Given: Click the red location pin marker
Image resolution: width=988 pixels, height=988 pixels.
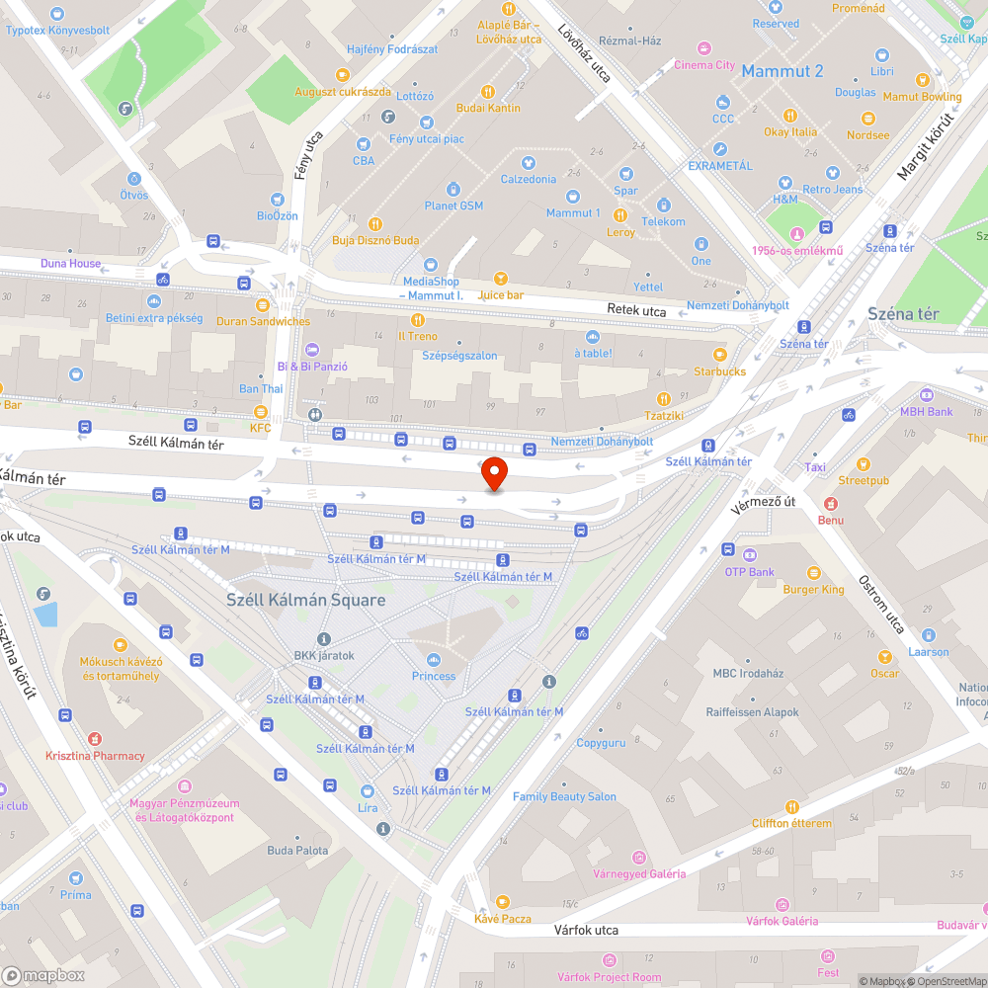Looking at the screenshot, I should [x=494, y=474].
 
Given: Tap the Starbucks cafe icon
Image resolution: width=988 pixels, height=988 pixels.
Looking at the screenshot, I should [x=719, y=354].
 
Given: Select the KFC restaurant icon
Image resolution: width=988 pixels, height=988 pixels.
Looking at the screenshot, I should [x=261, y=412].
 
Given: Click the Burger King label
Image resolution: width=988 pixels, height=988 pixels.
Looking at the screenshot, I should [x=813, y=590].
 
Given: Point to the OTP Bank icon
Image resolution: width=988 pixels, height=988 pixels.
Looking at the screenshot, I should [x=749, y=555].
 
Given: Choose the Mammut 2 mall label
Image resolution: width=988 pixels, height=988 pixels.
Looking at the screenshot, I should [x=782, y=71].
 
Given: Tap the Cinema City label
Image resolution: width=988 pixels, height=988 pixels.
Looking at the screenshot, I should [x=704, y=65].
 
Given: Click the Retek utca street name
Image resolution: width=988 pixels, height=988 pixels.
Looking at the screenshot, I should [x=636, y=311].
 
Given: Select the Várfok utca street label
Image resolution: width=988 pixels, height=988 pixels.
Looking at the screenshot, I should [x=586, y=930].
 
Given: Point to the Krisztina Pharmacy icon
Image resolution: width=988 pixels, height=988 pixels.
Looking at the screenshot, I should [x=95, y=738].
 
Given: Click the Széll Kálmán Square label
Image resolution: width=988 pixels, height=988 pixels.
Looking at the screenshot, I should [x=305, y=600].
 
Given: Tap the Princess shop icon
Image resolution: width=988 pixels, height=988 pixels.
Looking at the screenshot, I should [x=434, y=659].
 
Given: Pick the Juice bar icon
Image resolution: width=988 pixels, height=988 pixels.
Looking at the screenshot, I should [x=500, y=279].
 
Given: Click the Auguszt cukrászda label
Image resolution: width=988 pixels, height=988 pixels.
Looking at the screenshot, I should [x=342, y=92].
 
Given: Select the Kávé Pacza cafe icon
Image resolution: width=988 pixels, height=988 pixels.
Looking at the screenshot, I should [x=502, y=901].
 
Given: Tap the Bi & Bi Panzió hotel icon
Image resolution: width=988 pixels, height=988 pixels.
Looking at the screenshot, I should [x=313, y=349].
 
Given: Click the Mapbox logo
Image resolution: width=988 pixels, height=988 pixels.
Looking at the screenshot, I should [x=44, y=975].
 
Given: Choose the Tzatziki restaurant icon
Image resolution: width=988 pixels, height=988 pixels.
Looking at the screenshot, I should [x=664, y=398].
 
